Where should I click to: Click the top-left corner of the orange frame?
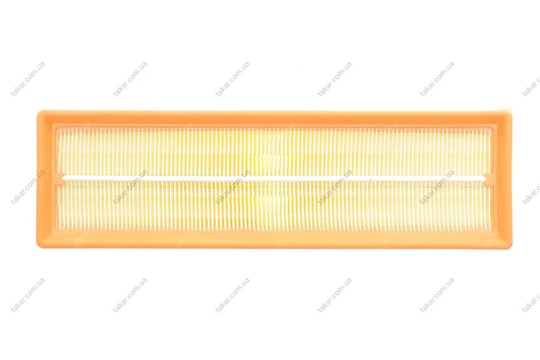click(38, 111)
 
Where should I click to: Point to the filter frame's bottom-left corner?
click(38, 247)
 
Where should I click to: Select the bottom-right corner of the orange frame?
click(511, 247)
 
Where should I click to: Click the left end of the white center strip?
click(63, 178)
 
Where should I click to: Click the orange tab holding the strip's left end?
click(60, 178)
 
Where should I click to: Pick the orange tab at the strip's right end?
click(489, 178)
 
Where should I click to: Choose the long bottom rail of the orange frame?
click(275, 239)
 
